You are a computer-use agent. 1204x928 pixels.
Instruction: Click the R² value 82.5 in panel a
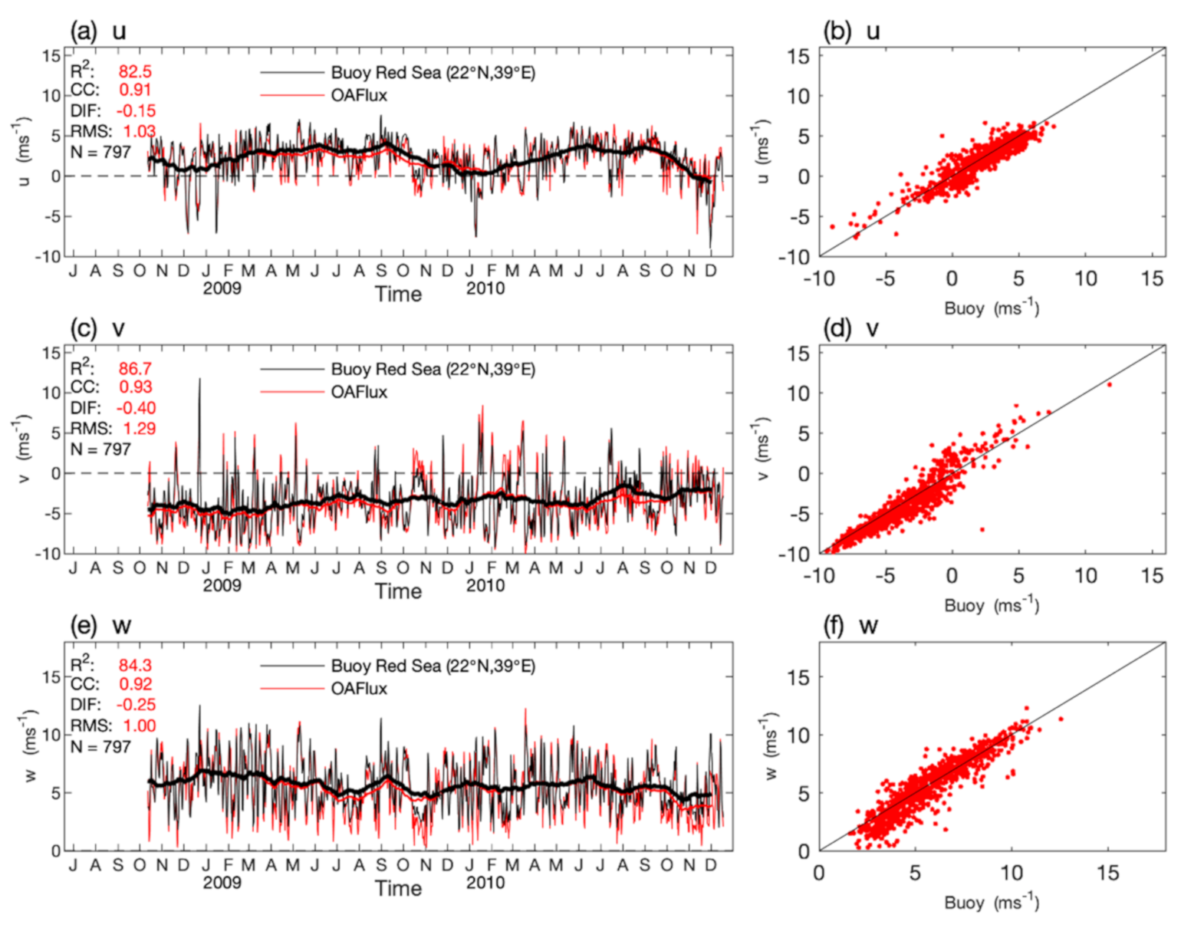coord(135,71)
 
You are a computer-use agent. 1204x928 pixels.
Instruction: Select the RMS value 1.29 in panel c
coord(139,428)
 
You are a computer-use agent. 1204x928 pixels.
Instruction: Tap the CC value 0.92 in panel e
coord(135,683)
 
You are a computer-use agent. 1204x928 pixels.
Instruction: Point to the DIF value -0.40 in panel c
coord(136,407)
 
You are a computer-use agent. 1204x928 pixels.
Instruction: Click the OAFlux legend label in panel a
coord(359,95)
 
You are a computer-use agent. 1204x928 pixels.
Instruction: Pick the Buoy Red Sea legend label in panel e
coord(433,666)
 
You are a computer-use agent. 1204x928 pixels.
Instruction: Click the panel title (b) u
coord(850,31)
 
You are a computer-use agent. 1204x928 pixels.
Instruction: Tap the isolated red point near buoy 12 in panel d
coord(1109,384)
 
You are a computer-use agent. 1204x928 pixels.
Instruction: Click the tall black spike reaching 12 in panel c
coord(200,381)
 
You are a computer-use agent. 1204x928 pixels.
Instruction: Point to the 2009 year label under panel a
coord(222,288)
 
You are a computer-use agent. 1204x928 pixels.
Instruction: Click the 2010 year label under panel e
coord(485,883)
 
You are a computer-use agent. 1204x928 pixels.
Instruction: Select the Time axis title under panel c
coord(398,591)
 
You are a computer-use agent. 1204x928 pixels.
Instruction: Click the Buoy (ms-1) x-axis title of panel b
coord(992,308)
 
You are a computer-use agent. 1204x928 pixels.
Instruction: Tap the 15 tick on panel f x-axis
coord(1107,873)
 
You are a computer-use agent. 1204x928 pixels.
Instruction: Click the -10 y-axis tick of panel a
coord(48,257)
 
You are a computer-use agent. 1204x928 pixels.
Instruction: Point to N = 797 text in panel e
coord(100,746)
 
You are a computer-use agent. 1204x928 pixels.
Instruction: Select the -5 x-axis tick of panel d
coord(885,575)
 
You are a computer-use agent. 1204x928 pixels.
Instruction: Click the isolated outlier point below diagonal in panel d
coord(982,529)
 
